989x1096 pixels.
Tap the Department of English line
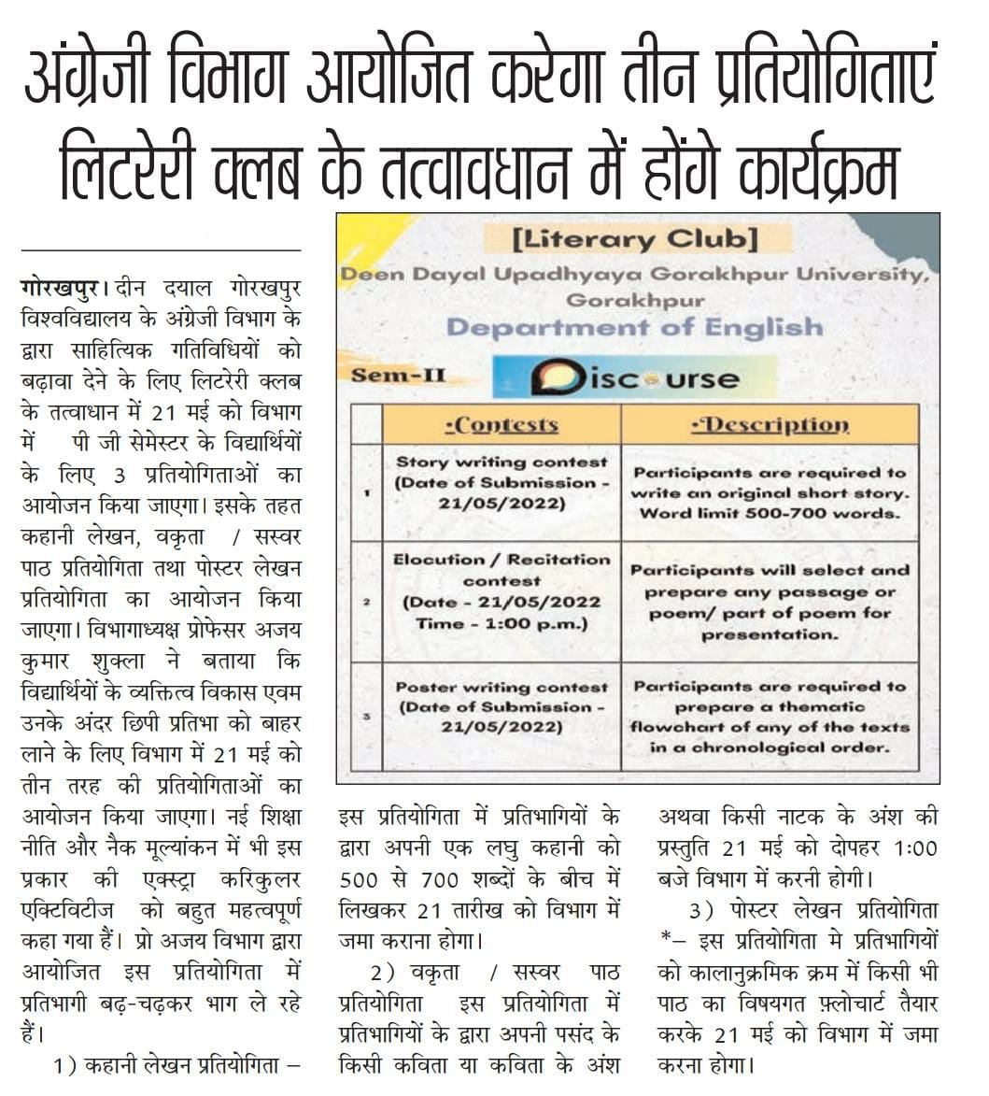point(634,327)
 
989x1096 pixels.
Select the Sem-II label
point(399,377)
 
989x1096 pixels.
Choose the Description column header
point(770,425)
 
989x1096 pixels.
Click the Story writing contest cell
point(501,482)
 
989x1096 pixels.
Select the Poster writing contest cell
point(501,706)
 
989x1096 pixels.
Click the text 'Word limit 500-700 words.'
point(770,514)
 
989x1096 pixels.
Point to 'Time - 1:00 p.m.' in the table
point(501,623)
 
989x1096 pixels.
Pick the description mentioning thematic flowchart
point(770,717)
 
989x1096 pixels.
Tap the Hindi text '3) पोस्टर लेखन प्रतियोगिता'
point(811,910)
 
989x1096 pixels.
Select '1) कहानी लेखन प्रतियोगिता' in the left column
point(177,1065)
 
